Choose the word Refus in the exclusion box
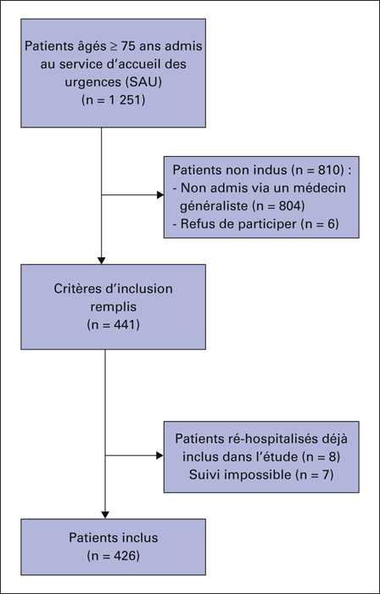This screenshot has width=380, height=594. pos(193,224)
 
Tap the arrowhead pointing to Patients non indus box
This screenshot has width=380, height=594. pos(160,195)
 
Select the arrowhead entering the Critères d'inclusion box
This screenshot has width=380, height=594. pos(101,261)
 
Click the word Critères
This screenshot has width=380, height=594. pos(75,289)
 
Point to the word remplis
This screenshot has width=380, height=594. pos(113,307)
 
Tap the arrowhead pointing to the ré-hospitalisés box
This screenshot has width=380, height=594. pos(160,456)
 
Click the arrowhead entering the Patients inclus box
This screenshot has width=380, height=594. pos(105,515)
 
